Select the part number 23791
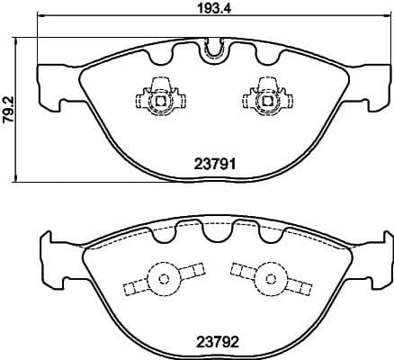(216, 164)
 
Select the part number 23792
(216, 341)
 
